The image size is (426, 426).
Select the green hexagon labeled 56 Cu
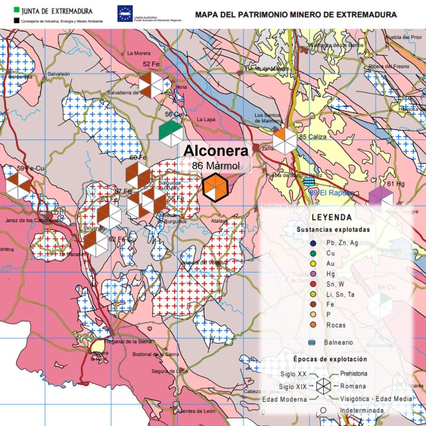[171, 130]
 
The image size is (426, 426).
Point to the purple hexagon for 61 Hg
[382, 198]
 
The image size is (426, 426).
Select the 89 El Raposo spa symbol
[309, 181]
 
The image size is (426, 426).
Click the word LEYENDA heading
[331, 217]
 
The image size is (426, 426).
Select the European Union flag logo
[125, 12]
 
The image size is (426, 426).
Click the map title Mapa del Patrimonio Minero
[295, 14]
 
